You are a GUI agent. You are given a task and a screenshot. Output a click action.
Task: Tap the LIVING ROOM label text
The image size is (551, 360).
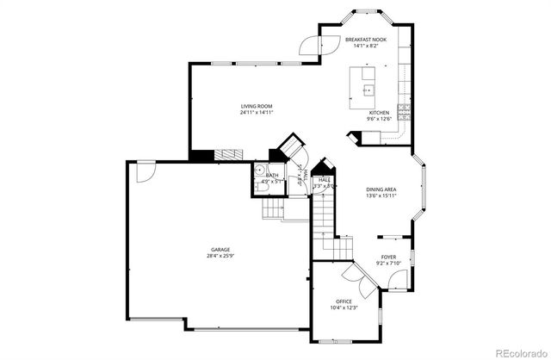pos(257,106)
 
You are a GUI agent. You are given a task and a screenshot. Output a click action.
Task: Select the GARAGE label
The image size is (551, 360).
pos(220,249)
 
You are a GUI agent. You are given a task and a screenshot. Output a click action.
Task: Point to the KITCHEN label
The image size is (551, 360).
pos(380,113)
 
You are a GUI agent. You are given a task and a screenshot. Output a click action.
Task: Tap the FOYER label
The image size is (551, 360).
pos(389,257)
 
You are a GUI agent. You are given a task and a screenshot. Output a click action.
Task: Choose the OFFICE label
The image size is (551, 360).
pos(344,301)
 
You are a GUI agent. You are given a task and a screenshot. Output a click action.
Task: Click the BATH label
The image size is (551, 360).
pos(272,175)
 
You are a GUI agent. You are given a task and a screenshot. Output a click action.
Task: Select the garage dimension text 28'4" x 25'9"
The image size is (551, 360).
pos(220,256)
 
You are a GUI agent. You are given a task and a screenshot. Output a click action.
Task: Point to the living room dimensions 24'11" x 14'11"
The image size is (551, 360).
pos(257,113)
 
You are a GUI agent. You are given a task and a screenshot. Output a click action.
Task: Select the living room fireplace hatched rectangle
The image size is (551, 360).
pos(229,154)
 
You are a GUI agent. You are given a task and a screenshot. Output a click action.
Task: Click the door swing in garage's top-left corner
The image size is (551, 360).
pos(145,172)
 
